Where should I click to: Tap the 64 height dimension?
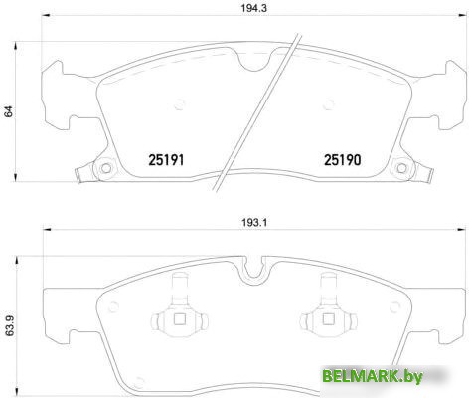pyautogui.click(x=10, y=112)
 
